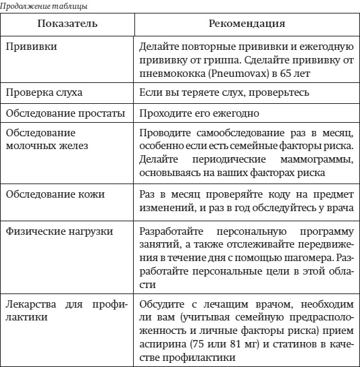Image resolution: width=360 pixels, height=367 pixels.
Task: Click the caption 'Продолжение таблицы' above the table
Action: click(x=44, y=5)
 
